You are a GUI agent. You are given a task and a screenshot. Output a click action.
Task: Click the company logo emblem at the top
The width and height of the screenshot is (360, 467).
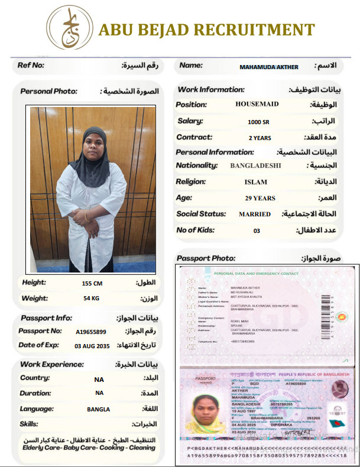click(69, 28)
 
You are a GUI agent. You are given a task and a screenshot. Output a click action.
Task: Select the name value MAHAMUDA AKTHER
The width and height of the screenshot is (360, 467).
click(268, 67)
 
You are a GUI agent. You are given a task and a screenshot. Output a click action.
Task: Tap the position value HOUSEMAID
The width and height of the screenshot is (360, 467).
click(257, 104)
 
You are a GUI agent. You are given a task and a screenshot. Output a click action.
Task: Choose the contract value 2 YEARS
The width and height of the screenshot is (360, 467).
click(260, 138)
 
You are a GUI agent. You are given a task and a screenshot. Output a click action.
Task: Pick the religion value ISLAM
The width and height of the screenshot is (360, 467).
click(255, 182)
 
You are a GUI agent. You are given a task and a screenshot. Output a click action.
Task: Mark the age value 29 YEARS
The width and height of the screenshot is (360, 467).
click(260, 198)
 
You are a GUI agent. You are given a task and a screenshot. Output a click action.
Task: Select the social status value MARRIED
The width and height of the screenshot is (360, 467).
click(255, 214)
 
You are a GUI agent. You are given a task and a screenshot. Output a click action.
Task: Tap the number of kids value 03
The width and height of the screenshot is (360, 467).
click(257, 231)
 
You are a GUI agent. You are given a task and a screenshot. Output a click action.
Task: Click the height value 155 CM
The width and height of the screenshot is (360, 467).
click(92, 283)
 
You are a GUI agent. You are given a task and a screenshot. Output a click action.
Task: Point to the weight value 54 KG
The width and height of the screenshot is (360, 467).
click(91, 299)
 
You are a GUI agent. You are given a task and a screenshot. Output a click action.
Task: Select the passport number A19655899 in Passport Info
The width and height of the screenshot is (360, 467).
click(91, 332)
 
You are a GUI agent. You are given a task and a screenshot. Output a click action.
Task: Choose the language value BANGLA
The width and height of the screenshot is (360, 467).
click(99, 409)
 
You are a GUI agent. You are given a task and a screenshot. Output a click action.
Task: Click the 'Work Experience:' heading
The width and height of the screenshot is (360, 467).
click(52, 364)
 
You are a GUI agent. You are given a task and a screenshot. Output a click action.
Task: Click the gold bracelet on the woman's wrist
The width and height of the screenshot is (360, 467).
click(87, 216)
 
